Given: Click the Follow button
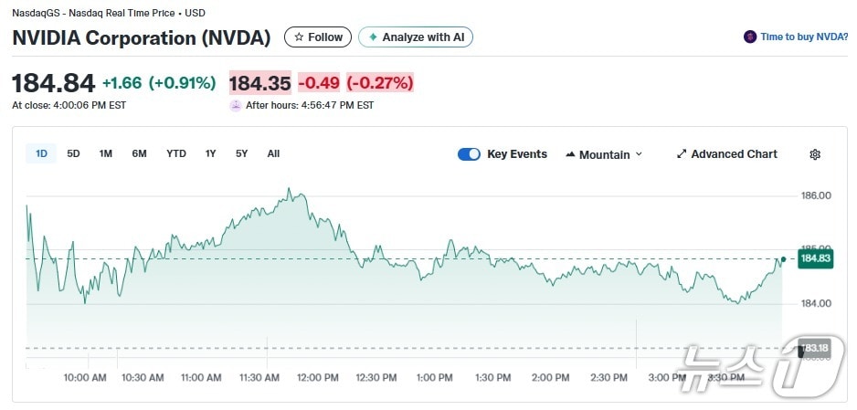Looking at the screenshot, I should (318, 37).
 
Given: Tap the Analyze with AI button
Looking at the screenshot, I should (416, 37).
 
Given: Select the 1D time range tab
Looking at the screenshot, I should (41, 153).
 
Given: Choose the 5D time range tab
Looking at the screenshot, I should (74, 153).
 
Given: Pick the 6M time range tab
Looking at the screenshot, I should (139, 153).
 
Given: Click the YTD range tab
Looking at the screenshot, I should (176, 153).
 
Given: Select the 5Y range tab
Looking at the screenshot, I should (241, 153).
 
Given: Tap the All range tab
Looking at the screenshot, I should (273, 153).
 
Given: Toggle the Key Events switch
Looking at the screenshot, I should (469, 154).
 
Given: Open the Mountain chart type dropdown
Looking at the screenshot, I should (604, 154).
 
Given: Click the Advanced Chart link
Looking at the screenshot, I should (727, 154).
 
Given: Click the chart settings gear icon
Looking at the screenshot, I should (815, 154).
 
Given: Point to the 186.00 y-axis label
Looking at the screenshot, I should (816, 196).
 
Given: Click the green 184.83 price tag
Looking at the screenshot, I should (814, 259).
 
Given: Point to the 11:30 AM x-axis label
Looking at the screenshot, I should (259, 378).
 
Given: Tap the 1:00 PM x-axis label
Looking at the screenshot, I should (434, 378).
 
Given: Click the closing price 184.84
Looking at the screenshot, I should (53, 83).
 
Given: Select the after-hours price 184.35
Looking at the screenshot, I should (259, 83).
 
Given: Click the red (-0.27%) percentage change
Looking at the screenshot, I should (379, 83).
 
